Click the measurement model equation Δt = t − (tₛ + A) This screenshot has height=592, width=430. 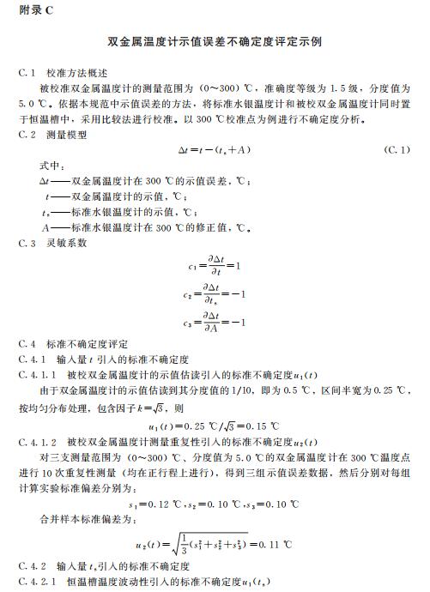point(214,149)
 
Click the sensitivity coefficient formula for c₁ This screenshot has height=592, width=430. point(215,265)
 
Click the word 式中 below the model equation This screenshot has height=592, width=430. point(51,166)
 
